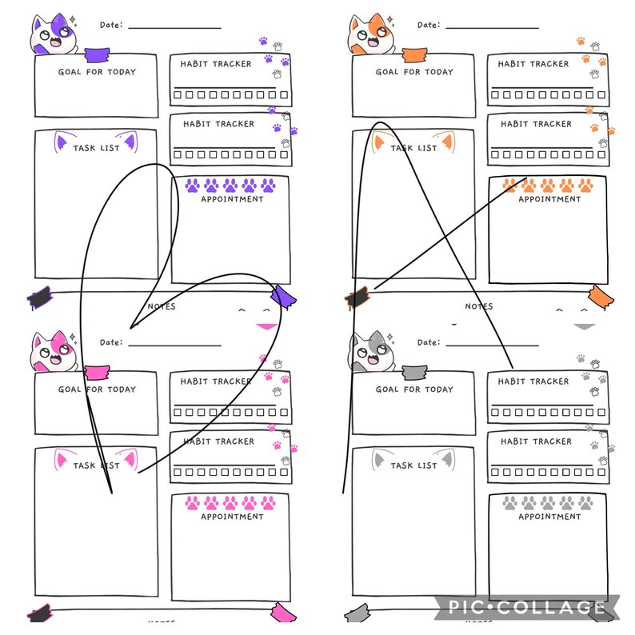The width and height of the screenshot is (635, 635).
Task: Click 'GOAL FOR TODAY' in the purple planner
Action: click(97, 72)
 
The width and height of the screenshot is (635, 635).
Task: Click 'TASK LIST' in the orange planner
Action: click(413, 148)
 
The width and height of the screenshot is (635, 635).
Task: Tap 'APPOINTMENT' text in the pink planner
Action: click(232, 517)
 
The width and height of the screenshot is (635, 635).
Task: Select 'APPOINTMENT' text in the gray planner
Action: click(549, 517)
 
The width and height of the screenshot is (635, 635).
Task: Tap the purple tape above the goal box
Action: click(97, 55)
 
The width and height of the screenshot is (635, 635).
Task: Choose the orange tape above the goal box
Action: click(413, 55)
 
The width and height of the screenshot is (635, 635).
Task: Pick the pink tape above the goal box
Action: click(97, 373)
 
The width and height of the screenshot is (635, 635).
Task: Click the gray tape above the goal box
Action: click(413, 373)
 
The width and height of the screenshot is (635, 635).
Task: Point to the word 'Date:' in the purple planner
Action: click(111, 25)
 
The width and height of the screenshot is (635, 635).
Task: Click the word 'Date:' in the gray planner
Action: click(429, 342)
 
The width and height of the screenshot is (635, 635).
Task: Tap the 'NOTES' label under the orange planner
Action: click(479, 306)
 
